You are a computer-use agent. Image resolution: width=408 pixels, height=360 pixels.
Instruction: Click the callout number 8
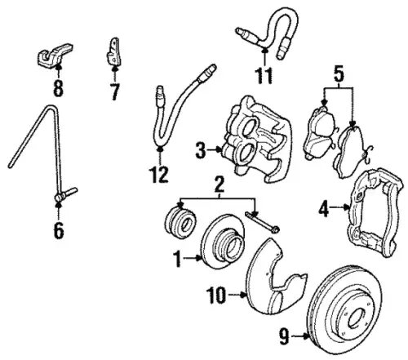pos(58,88)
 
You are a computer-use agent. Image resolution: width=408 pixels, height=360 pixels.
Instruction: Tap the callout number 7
pos(114,91)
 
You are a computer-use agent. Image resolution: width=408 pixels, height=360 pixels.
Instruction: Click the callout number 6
pos(59,230)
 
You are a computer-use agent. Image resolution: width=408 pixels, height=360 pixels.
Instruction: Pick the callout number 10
pos(216,296)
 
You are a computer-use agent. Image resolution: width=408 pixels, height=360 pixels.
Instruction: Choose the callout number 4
pos(324,209)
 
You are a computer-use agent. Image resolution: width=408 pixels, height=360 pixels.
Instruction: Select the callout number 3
pos(201,150)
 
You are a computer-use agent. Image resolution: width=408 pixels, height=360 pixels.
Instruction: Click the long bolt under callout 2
pos(263,223)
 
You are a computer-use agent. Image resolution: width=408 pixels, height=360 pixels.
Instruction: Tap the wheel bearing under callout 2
pos(180,223)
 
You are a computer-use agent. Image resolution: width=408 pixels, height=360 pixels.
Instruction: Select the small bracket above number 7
pos(113,51)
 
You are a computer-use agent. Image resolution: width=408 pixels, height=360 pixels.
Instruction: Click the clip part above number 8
pos(55,55)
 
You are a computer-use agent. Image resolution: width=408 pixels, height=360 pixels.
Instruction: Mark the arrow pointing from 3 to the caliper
pos(215,149)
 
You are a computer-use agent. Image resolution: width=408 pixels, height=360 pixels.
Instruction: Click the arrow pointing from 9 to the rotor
pos(300,337)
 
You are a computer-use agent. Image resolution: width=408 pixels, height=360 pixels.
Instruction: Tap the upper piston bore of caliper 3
pos(249,127)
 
